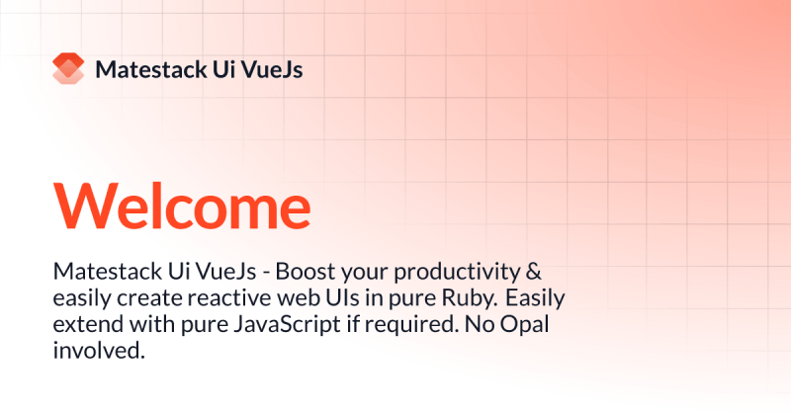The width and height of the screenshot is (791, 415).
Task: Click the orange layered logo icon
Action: pos(69,69)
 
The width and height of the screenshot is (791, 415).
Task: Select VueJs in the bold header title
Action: pos(276,69)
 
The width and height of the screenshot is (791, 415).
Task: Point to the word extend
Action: pos(85,323)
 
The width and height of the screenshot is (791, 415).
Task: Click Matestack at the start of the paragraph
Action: pos(102,272)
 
